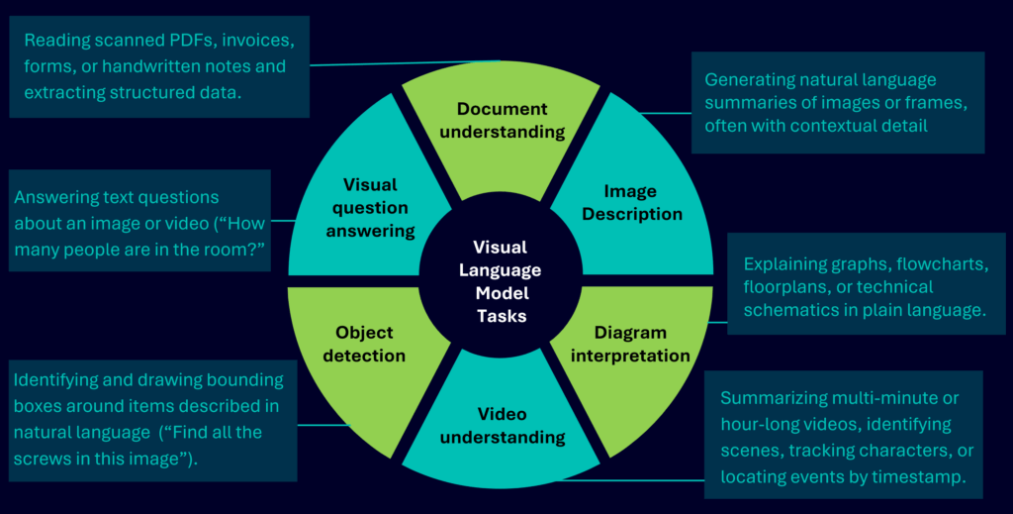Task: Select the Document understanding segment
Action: (x=510, y=120)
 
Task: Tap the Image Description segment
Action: (x=630, y=202)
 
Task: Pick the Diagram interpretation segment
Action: (x=630, y=344)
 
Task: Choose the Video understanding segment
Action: (x=508, y=425)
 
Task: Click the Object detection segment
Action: (x=364, y=344)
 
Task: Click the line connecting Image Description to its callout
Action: (x=665, y=112)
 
